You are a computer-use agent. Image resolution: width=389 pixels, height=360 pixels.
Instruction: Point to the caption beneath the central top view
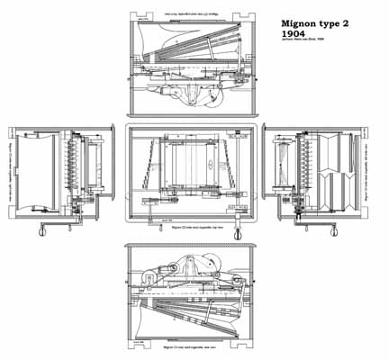coord(191,229)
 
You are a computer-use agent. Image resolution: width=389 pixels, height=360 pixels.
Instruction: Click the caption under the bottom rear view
coord(191,346)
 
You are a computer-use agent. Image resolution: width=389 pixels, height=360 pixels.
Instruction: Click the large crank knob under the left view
coord(41,234)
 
